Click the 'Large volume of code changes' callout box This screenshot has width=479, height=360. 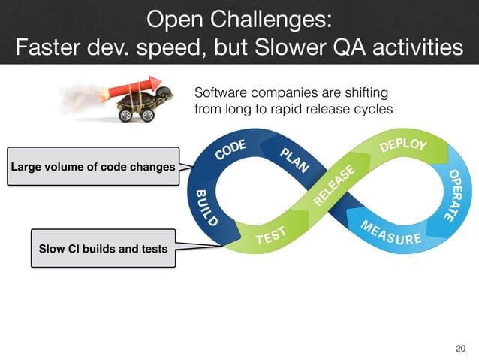[x=93, y=166]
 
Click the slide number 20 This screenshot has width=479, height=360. [x=461, y=347]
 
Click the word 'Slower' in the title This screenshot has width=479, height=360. [x=279, y=48]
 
